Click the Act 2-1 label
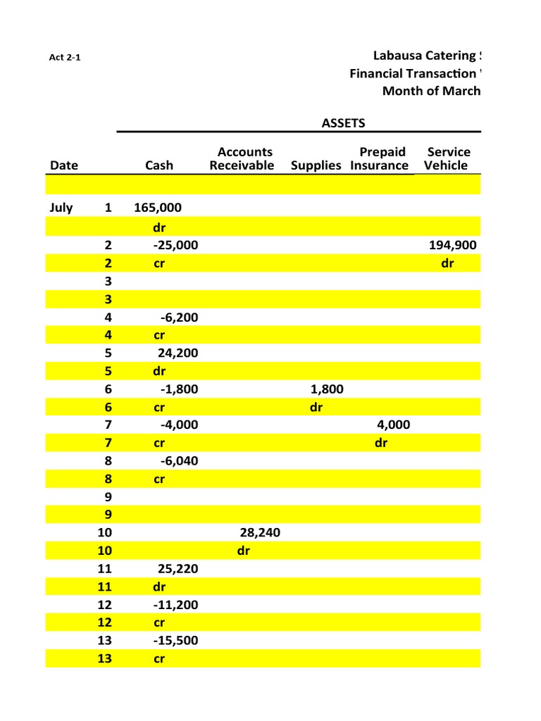pyautogui.click(x=65, y=58)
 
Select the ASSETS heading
pyautogui.click(x=343, y=123)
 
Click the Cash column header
pyautogui.click(x=158, y=165)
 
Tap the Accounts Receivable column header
pyautogui.click(x=242, y=158)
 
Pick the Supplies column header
pyautogui.click(x=316, y=165)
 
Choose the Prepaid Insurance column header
pyautogui.click(x=380, y=158)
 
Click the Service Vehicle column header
pyautogui.click(x=447, y=158)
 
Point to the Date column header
pyautogui.click(x=64, y=165)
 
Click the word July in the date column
pyautogui.click(x=61, y=208)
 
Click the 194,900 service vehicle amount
pyautogui.click(x=452, y=245)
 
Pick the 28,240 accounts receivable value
pyautogui.click(x=260, y=533)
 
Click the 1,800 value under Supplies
pyautogui.click(x=327, y=389)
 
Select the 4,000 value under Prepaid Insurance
pyautogui.click(x=393, y=425)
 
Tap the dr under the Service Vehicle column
pyautogui.click(x=447, y=263)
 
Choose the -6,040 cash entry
pyautogui.click(x=179, y=461)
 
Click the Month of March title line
pyautogui.click(x=431, y=91)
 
